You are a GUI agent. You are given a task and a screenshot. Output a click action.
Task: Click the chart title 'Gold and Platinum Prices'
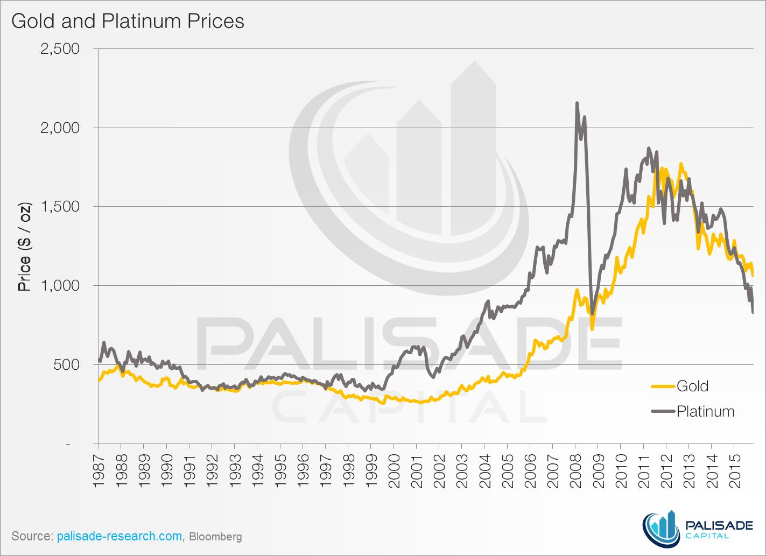[128, 22]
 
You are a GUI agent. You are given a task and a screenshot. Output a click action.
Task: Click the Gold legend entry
[692, 386]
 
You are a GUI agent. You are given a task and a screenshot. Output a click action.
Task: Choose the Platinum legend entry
[705, 411]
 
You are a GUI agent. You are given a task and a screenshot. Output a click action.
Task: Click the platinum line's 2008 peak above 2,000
[577, 103]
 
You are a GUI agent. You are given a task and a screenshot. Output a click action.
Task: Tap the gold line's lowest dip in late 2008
[592, 329]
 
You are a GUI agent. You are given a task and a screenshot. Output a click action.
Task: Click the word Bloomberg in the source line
[215, 536]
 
